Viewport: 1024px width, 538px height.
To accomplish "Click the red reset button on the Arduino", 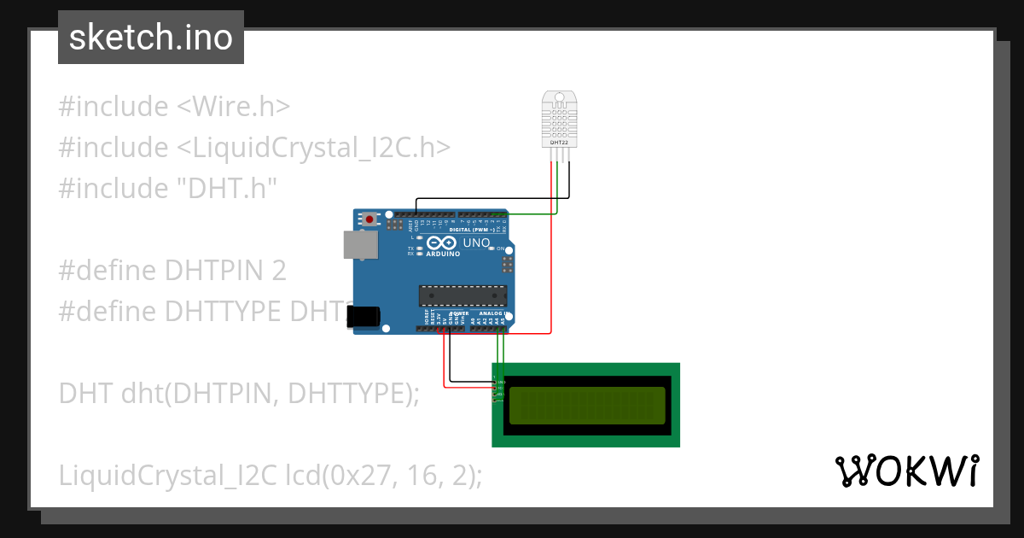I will click(369, 219).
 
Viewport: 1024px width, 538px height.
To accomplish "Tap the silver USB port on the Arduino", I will click(360, 244).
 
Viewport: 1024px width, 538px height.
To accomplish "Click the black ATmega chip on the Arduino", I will click(462, 295).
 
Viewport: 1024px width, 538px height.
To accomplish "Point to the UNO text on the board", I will click(476, 243).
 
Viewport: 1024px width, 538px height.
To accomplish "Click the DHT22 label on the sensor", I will click(557, 143).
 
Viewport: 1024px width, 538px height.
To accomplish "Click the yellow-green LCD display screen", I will click(586, 406).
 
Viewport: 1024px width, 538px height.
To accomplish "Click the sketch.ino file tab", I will click(151, 38).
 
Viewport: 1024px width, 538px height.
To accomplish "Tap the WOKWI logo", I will click(906, 471).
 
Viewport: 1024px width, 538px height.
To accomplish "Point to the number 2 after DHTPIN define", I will click(278, 271).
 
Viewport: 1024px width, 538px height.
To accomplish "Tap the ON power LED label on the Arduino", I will click(501, 248).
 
